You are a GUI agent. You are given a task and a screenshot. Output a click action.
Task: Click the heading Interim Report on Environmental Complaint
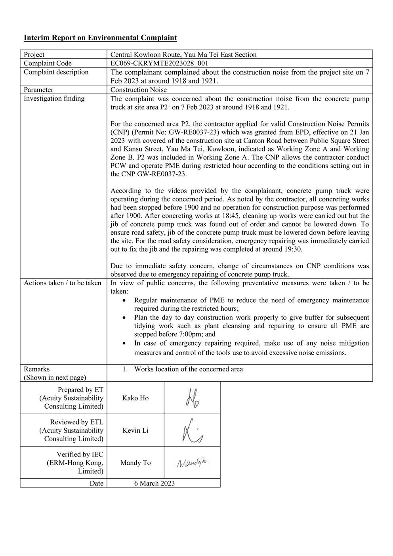click(x=100, y=38)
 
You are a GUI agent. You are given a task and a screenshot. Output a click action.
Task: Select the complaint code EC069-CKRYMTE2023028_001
click(x=159, y=63)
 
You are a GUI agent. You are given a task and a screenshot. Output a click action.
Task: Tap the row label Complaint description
click(x=56, y=72)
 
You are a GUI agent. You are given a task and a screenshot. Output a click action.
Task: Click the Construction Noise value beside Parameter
click(x=139, y=90)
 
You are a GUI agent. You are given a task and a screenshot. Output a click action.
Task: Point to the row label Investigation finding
click(x=54, y=99)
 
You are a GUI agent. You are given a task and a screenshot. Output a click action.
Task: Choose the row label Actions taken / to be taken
click(x=62, y=283)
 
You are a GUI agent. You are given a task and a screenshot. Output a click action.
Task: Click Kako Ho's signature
click(x=192, y=398)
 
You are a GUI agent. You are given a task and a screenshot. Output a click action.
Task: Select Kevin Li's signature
click(x=192, y=430)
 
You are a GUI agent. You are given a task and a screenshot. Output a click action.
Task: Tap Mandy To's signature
click(x=192, y=462)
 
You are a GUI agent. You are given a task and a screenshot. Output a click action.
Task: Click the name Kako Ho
click(x=135, y=398)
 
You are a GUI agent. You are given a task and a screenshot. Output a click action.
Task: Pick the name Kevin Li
click(x=135, y=430)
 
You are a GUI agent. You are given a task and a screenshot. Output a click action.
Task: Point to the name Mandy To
click(x=135, y=463)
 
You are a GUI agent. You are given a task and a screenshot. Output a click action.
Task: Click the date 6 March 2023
click(x=155, y=483)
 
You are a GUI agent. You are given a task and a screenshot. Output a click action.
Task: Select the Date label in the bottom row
click(x=96, y=483)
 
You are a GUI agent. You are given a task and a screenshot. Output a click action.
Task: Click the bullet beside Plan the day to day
click(x=125, y=318)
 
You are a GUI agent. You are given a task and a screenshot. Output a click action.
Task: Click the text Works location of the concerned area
click(x=189, y=369)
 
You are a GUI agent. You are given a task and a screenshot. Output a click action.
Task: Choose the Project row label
click(x=34, y=55)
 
